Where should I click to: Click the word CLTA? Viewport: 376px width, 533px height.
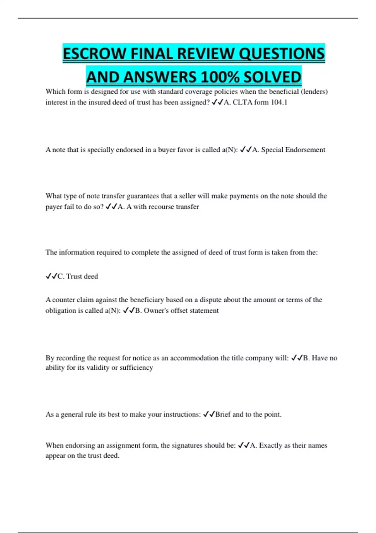242,102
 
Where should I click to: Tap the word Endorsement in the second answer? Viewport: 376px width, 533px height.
305,150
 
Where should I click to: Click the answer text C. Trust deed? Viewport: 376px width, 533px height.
78,276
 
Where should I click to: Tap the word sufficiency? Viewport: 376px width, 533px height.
136,367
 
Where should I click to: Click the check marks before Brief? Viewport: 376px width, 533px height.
209,414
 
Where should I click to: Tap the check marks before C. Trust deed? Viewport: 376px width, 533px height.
51,276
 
